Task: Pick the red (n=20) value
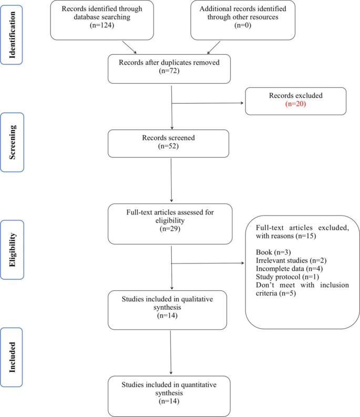(x=295, y=105)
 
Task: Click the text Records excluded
(x=295, y=96)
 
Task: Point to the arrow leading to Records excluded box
(x=210, y=103)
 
